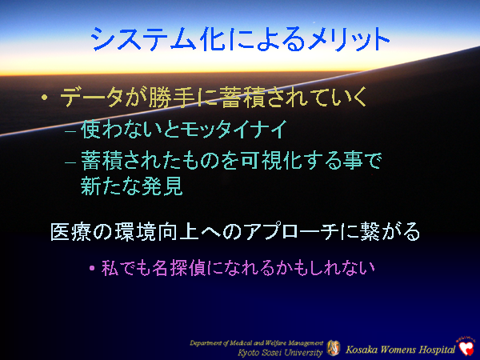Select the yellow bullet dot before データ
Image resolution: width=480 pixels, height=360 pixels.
pyautogui.click(x=46, y=99)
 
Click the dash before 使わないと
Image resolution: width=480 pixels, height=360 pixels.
pyautogui.click(x=70, y=130)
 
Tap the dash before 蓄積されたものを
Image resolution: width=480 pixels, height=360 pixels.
pyautogui.click(x=70, y=162)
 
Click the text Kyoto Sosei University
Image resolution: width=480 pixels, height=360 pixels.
pyautogui.click(x=280, y=351)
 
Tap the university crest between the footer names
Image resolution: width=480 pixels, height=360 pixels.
pyautogui.click(x=333, y=347)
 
